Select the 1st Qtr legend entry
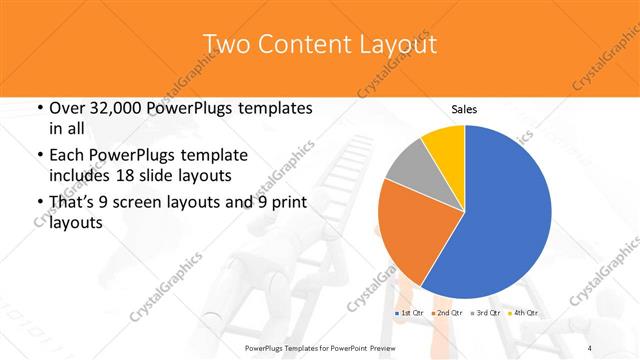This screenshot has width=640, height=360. point(412,313)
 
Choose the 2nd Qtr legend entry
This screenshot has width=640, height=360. point(451,313)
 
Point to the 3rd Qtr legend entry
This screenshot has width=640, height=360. point(490,313)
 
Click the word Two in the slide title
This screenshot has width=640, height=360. point(226,44)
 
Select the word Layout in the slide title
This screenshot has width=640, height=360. point(394,44)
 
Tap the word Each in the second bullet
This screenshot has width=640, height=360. point(67,156)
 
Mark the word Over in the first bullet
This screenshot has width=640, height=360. point(69,108)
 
